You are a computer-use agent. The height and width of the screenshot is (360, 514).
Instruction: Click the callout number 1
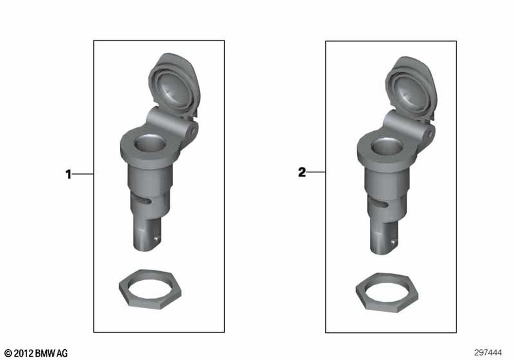pyautogui.click(x=68, y=174)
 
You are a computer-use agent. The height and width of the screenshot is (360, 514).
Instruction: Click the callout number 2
pyautogui.click(x=302, y=172)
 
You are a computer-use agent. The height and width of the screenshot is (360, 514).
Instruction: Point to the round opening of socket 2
pyautogui.click(x=387, y=146)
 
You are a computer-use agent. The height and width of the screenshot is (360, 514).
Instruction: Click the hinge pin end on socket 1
pyautogui.click(x=193, y=131)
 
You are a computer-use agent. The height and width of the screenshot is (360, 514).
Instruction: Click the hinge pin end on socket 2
pyautogui.click(x=430, y=134)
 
